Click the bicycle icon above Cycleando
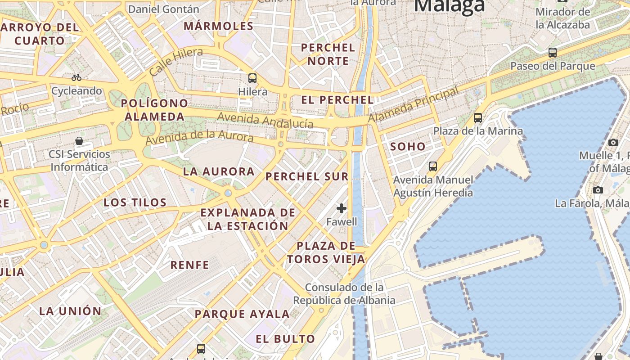[76, 77]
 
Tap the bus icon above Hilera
[252, 78]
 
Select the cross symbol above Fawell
[342, 208]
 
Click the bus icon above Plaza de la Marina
[478, 118]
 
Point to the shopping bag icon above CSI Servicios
[79, 141]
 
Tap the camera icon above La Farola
[598, 190]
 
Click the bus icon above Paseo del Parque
[553, 53]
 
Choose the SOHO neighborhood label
[408, 146]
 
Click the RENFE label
[189, 265]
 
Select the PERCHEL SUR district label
[307, 176]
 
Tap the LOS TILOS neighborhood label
[135, 202]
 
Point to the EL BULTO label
[285, 339]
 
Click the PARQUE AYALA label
[242, 314]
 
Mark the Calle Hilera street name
[175, 62]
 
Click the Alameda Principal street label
[414, 104]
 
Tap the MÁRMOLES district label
[219, 26]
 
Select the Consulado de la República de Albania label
[344, 294]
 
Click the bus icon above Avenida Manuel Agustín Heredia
[433, 166]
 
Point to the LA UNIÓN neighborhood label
[71, 311]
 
